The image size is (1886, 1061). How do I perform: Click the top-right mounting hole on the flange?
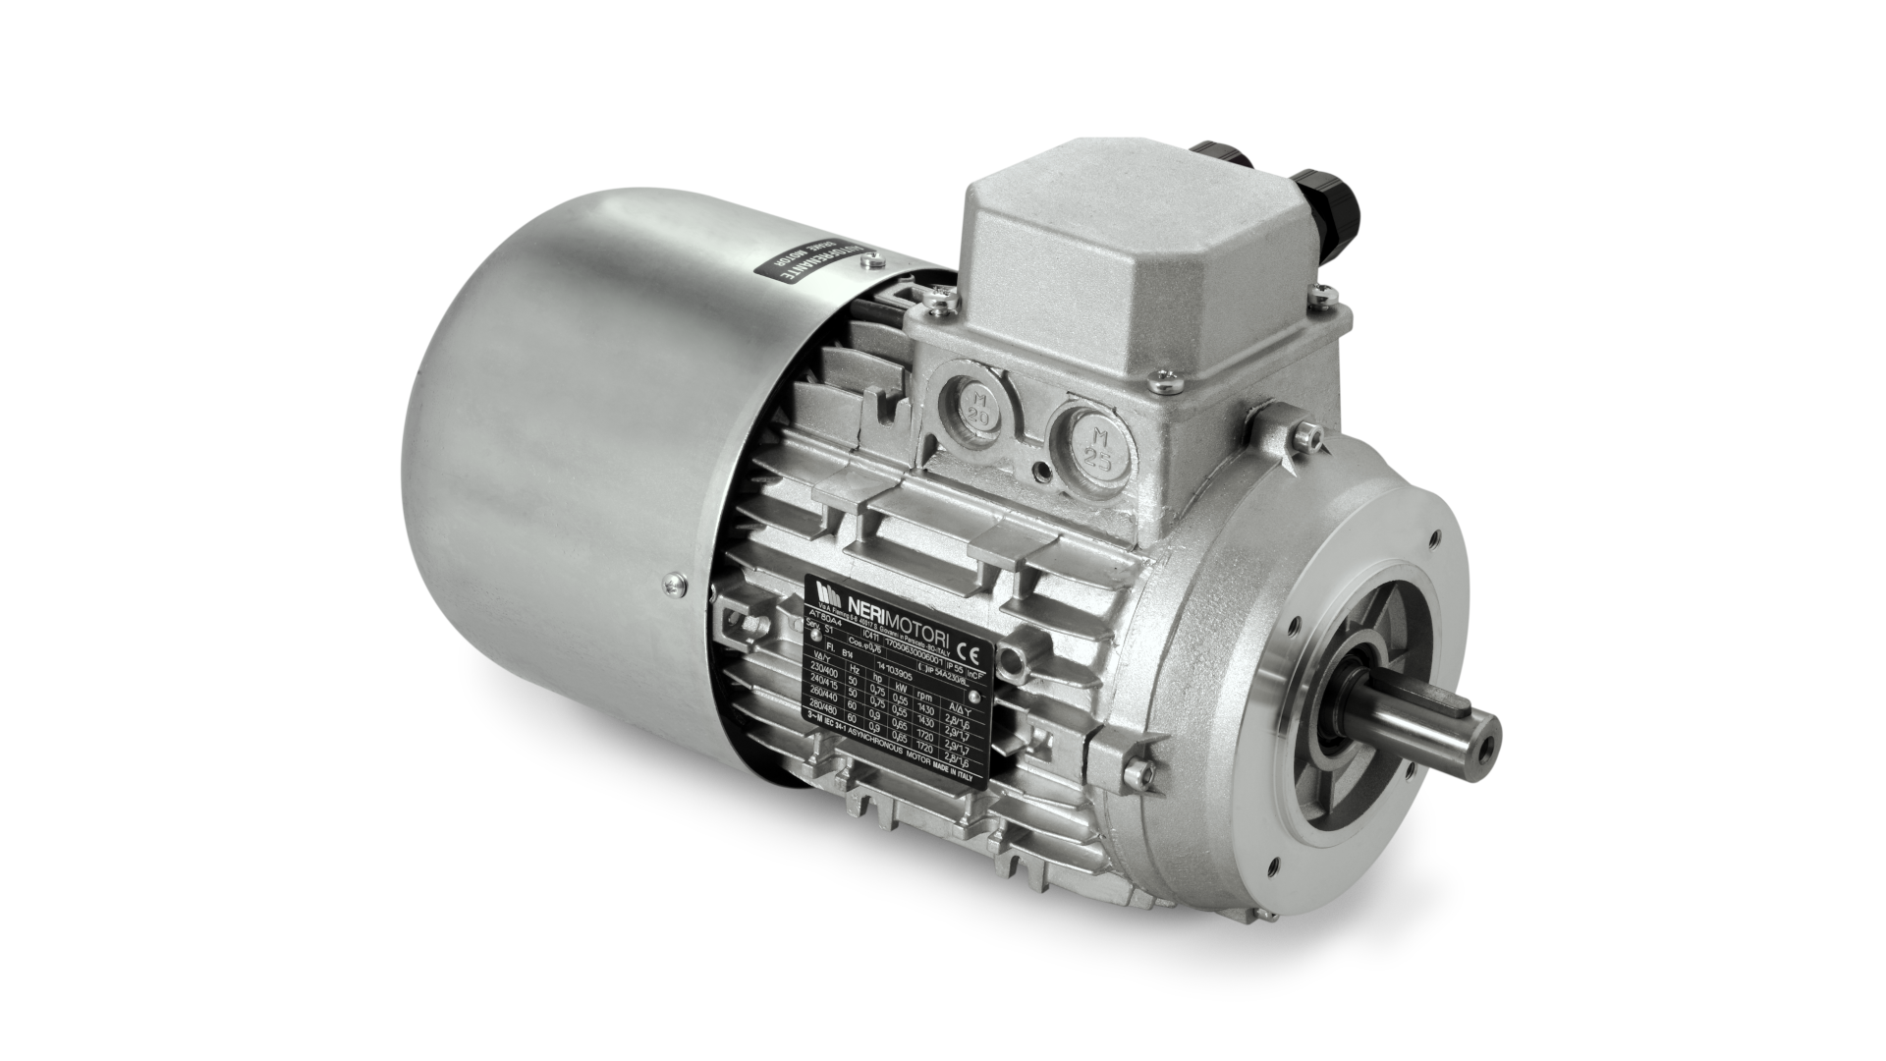[1438, 537]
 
